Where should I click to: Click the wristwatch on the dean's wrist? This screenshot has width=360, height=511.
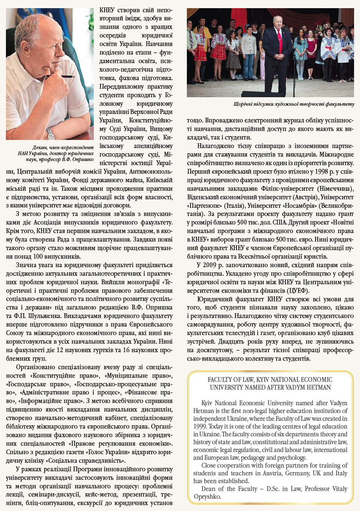tap(50, 133)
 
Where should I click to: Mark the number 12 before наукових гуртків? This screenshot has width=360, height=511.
tap(60, 350)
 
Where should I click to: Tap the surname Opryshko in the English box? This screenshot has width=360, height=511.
tap(207, 497)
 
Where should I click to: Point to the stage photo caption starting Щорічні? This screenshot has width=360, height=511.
tap(294, 104)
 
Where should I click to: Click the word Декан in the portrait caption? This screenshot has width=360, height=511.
tap(40, 147)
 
